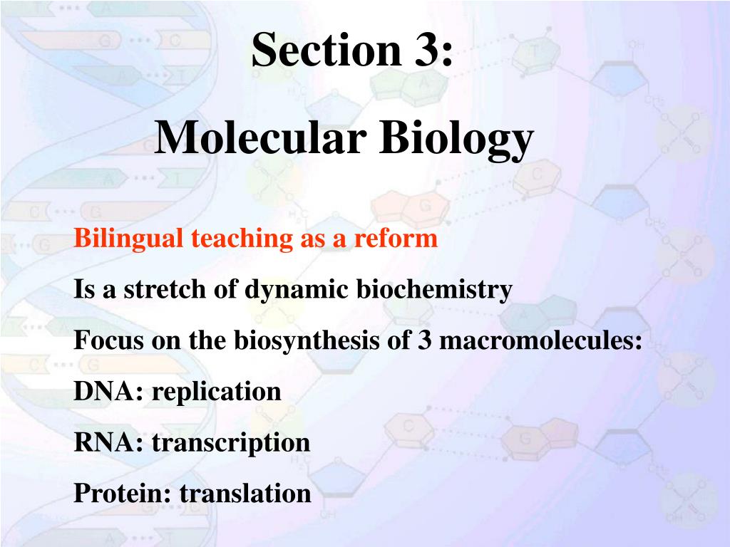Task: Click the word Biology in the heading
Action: click(x=456, y=138)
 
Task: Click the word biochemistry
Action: click(x=434, y=290)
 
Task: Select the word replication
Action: click(x=217, y=392)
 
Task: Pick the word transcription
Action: click(x=231, y=443)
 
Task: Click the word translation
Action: click(x=245, y=493)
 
